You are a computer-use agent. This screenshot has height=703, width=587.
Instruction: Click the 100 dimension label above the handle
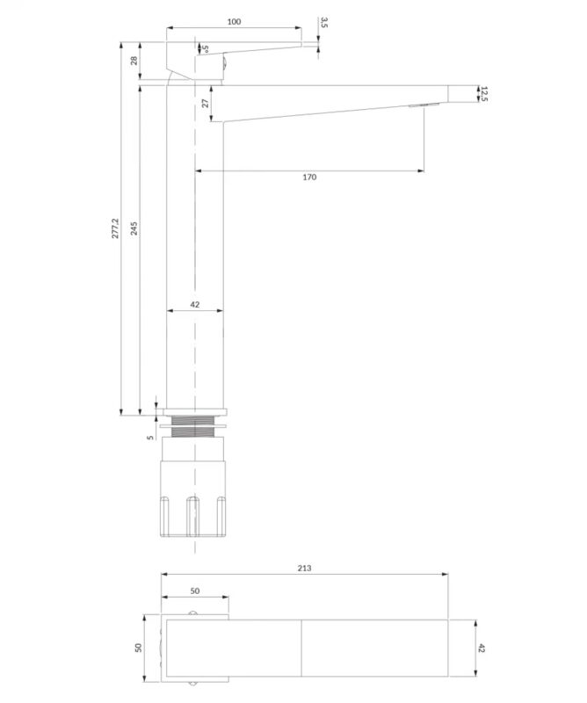coord(234,21)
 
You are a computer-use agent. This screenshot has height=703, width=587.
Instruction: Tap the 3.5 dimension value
coord(324,23)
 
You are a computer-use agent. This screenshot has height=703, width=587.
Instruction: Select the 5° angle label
coord(205,48)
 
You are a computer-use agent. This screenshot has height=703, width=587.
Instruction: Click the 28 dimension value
coord(134,61)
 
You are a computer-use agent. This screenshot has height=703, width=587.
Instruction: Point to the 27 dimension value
coord(206,103)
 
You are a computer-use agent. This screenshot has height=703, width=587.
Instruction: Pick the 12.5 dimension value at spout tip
coord(483,94)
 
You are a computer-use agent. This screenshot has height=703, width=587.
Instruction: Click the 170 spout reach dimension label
coord(309,178)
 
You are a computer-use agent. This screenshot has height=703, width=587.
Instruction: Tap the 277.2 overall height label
coord(116,228)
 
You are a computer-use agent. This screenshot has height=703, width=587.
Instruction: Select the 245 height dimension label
coord(134,228)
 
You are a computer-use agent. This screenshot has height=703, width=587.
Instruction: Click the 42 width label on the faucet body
coord(194,304)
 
